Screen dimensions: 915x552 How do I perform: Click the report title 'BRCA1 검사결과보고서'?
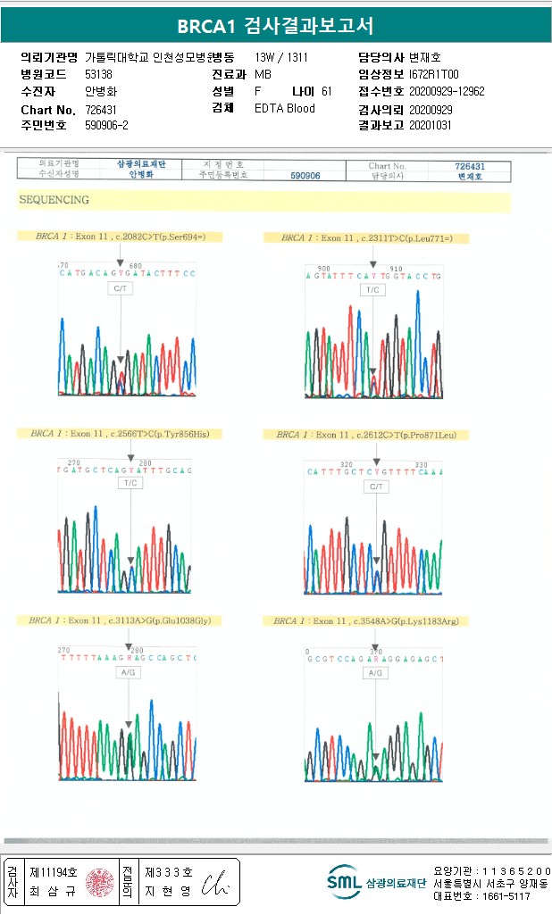[275, 26]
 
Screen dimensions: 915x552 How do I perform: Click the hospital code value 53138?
[98, 74]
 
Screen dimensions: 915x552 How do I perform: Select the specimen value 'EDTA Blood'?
[285, 109]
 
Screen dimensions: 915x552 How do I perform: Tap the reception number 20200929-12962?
[447, 91]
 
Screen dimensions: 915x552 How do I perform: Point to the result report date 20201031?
[431, 126]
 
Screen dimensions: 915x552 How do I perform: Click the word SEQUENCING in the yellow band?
[54, 201]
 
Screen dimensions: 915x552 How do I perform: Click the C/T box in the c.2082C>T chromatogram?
[121, 289]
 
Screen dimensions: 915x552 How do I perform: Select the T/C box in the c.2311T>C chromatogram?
[372, 290]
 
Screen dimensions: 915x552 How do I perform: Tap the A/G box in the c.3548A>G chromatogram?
[376, 673]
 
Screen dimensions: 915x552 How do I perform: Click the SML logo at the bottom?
[344, 882]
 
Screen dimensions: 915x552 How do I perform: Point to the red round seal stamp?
[99, 882]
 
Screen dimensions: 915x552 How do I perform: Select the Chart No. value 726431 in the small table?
[470, 166]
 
